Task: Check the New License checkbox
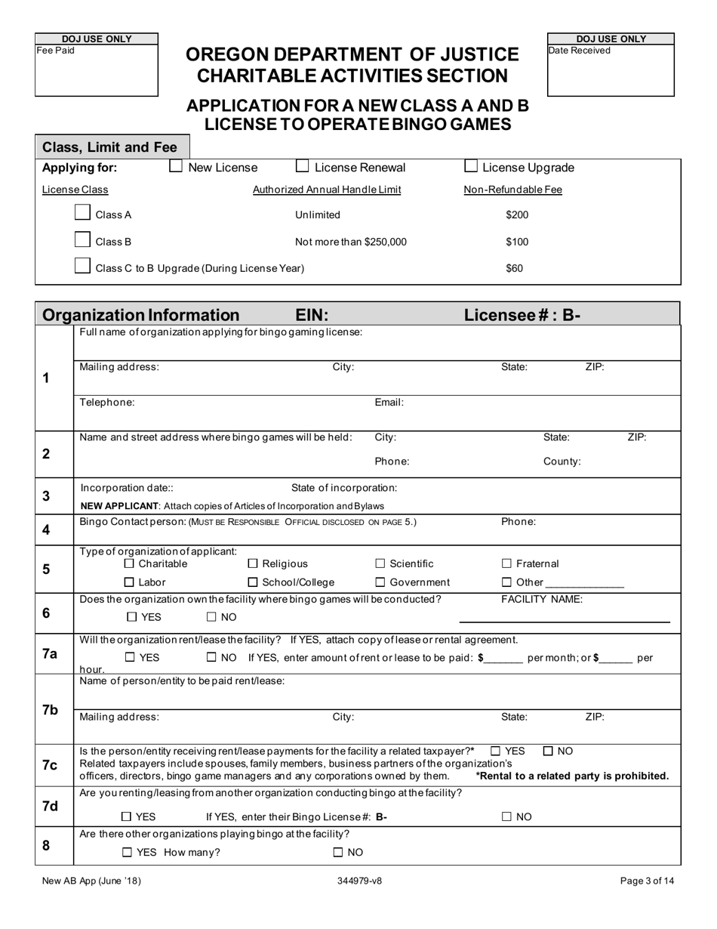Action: (x=176, y=167)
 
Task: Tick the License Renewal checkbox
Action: (x=302, y=167)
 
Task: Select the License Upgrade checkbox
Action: (x=470, y=167)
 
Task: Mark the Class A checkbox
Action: (x=83, y=213)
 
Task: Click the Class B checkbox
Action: (x=83, y=240)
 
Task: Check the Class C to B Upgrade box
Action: (x=83, y=266)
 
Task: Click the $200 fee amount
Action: (x=517, y=215)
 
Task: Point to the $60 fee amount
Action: (x=514, y=268)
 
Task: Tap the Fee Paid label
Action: (x=56, y=51)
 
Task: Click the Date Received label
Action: (x=580, y=51)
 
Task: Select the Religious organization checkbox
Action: (x=253, y=563)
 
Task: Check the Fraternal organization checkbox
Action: (x=506, y=563)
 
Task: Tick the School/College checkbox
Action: (x=253, y=582)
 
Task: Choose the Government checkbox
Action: (x=380, y=582)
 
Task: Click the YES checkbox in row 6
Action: (x=132, y=617)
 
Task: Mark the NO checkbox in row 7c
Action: (x=549, y=751)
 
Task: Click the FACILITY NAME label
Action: (x=542, y=600)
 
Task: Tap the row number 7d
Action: (x=50, y=806)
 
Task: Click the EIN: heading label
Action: (x=311, y=315)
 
